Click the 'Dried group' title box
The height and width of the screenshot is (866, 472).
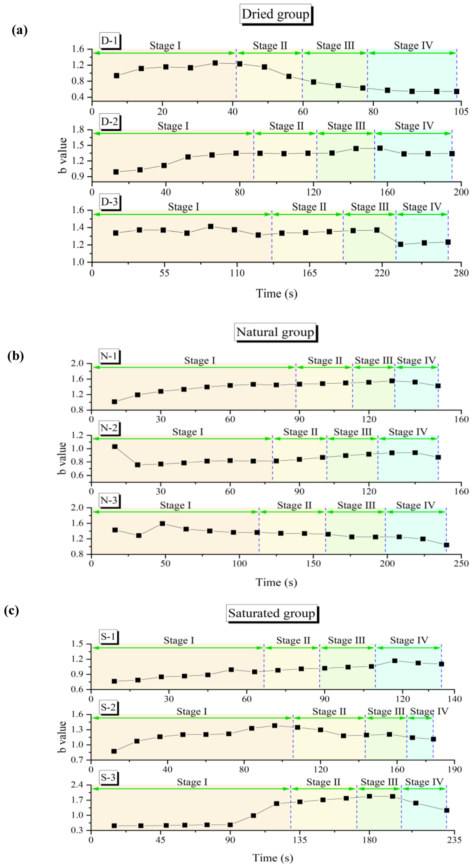coord(275,14)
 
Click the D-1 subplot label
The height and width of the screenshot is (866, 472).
coord(109,41)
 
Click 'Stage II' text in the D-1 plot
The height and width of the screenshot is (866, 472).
coord(270,45)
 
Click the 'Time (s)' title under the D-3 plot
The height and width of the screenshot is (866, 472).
coord(276,294)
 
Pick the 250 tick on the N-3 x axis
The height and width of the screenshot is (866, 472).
coord(461,563)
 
